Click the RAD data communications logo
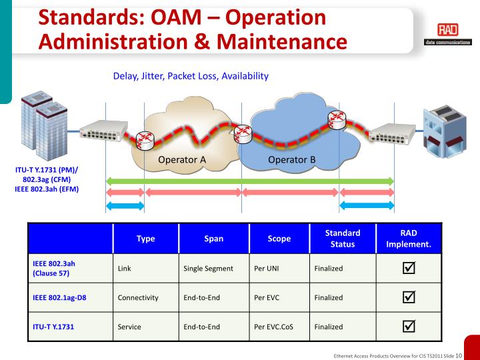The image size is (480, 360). [448, 34]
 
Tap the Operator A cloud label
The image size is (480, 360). [182, 159]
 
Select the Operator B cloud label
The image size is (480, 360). [291, 159]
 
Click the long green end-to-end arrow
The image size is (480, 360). [249, 181]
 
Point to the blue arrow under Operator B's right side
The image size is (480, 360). [367, 205]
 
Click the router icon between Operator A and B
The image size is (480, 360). [243, 134]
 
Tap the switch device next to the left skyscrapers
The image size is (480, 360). [103, 131]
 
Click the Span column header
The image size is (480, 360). [214, 239]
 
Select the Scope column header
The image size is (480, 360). [279, 239]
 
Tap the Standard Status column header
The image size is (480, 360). [343, 239]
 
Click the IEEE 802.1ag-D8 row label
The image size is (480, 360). [59, 297]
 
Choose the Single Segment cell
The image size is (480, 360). [208, 269]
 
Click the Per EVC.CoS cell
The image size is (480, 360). [273, 327]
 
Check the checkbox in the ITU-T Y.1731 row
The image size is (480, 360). [409, 326]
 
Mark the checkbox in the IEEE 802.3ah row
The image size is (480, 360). [409, 267]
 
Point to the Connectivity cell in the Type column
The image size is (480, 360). [138, 297]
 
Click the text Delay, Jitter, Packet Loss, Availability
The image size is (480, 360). [191, 76]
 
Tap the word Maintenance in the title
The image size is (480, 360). [282, 41]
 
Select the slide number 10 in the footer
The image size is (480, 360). [459, 355]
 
